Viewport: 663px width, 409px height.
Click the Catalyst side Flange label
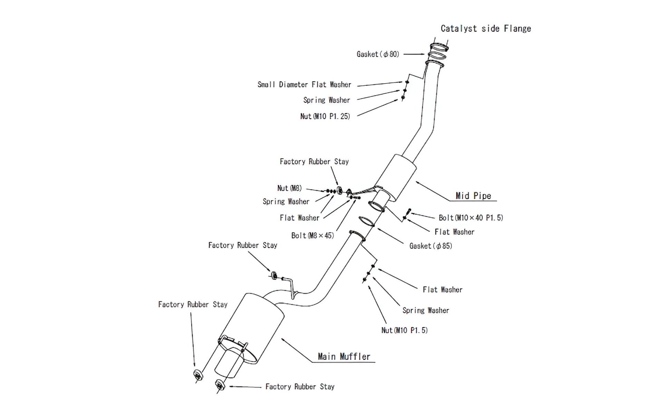486,29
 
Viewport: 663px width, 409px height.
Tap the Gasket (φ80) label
378,54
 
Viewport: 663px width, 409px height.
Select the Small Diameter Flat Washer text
304,85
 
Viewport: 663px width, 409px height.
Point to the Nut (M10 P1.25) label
325,117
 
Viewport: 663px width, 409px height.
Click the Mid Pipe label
473,196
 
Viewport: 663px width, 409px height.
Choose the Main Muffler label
344,357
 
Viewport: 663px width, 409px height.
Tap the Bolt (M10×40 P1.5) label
471,218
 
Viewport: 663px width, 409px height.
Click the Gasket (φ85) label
431,246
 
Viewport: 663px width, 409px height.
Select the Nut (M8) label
289,188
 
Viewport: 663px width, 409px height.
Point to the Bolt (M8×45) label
313,236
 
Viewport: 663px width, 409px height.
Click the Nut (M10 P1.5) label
404,331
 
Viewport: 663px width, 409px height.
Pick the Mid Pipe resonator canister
396,178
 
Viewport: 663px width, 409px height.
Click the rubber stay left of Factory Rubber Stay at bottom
220,384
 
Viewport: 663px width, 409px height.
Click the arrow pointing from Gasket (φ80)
414,54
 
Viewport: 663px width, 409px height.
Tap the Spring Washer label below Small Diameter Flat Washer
327,100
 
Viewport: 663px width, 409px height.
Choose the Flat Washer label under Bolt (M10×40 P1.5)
454,232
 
